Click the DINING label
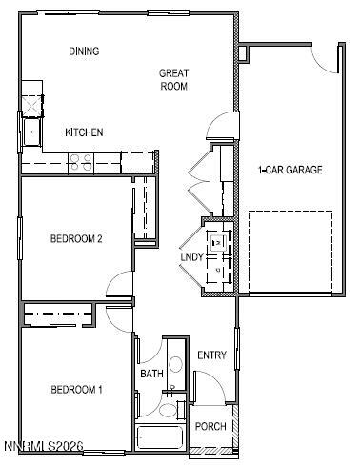85,51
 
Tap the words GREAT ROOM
173,79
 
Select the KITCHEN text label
84,132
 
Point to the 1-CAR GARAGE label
290,171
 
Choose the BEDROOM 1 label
76,390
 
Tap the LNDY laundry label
191,258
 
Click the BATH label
151,374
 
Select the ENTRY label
211,355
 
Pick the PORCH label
210,426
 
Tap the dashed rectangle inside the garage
290,253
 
